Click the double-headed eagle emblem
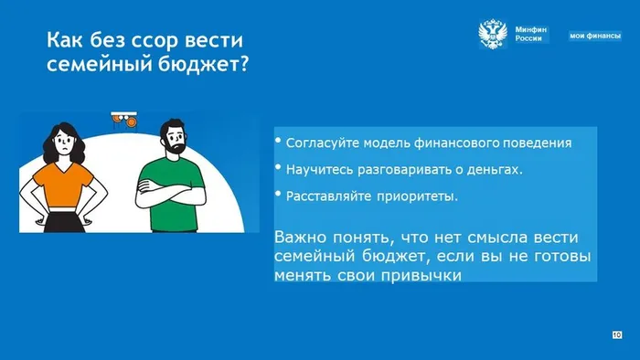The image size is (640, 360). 494,35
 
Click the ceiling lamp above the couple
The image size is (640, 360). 123,117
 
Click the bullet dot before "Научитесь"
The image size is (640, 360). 279,167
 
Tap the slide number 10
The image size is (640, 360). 616,335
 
